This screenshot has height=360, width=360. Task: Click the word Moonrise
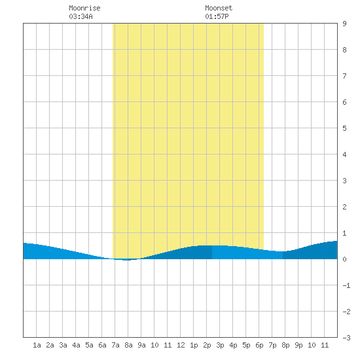pos(84,8)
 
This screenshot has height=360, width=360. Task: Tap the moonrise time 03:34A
pos(81,16)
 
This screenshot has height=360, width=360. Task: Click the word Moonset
pos(219,8)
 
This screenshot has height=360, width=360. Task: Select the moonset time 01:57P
pos(217,16)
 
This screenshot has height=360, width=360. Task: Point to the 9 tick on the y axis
pos(344,24)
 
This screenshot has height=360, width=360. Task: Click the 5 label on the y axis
pos(344,128)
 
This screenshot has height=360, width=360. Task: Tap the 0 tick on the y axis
pos(344,259)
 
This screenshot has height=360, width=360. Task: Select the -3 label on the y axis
pos(346,338)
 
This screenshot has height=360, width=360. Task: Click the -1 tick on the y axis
pos(346,285)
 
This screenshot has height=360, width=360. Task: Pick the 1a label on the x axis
pos(37,345)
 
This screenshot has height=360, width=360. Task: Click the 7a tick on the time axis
pos(115,345)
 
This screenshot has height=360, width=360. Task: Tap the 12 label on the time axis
pos(181,345)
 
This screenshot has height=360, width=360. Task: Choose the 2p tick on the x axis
pos(207,345)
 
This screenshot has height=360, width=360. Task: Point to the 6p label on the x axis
pos(259,345)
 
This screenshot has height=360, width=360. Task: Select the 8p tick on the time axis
pos(285,345)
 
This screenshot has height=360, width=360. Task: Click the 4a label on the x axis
pos(76,345)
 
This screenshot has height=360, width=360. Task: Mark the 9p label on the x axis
pos(298,345)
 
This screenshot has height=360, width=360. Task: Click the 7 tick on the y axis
pos(344,76)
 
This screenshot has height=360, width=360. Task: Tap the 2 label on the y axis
pos(344,207)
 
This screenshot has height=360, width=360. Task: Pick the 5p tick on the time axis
pos(246,345)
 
